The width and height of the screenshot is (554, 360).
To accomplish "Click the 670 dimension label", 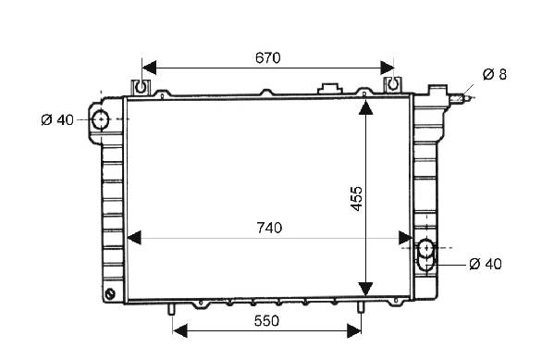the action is tap(268, 57).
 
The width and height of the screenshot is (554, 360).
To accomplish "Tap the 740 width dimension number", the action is tap(269, 228).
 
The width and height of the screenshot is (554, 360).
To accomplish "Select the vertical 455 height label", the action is tap(357, 199).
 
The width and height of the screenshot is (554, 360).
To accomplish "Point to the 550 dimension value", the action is tap(266, 321).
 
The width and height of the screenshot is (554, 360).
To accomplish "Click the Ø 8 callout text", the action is tap(495, 75).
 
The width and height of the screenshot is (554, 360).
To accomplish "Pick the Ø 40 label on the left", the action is tap(57, 120).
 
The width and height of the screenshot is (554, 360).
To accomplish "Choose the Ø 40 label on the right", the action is tap(486, 264).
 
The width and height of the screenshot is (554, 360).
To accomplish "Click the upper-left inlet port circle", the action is tap(101, 119).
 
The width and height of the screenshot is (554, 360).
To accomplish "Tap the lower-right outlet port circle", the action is tap(426, 247).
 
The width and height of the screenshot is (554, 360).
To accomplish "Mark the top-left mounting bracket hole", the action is tap(141, 86).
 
